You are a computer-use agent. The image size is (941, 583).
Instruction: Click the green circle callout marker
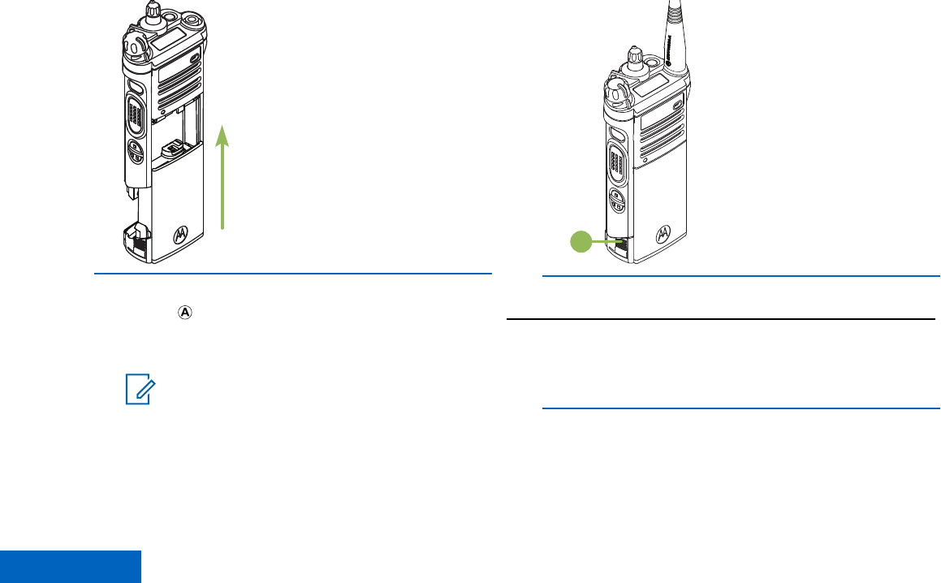[x=579, y=241]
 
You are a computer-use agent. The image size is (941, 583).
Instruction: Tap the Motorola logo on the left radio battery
[x=180, y=235]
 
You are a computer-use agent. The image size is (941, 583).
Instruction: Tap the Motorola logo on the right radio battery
[x=664, y=233]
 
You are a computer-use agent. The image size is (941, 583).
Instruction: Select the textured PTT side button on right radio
[x=618, y=162]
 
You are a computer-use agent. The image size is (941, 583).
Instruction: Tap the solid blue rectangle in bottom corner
[x=70, y=567]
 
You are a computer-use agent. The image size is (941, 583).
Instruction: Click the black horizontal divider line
[x=721, y=319]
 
